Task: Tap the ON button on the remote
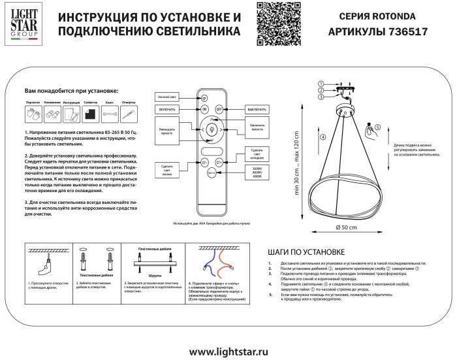point(204,109)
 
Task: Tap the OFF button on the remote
point(219,109)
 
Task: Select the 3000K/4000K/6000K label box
point(255,171)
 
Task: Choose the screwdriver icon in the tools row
point(129,114)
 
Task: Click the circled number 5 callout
point(377,127)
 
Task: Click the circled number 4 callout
point(323,138)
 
